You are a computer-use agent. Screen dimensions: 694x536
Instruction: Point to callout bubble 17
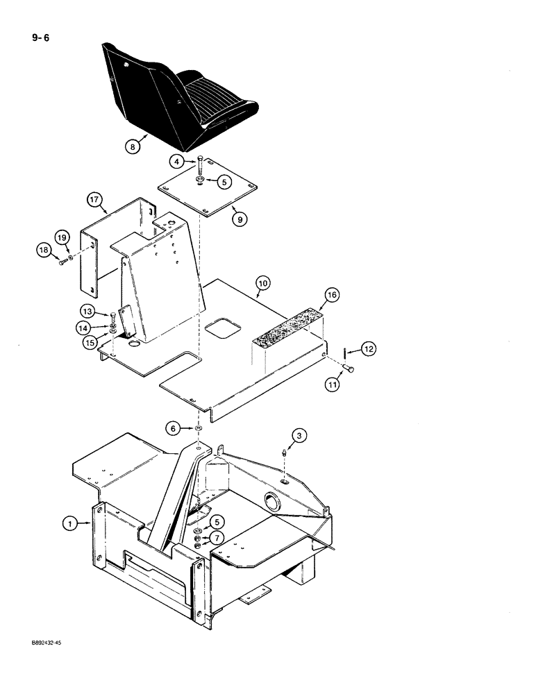pos(94,200)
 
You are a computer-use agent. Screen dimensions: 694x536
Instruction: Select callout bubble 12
pos(369,350)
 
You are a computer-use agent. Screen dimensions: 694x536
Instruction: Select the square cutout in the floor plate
pos(221,328)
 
